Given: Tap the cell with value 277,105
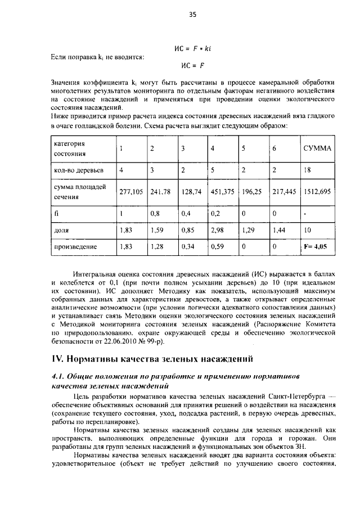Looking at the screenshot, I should coord(132,191).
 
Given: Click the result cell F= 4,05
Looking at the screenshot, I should coord(315,246).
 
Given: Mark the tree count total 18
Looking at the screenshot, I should coord(307,170).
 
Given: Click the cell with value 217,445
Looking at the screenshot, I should coord(284,191).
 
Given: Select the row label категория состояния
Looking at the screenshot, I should coord(70,148).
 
